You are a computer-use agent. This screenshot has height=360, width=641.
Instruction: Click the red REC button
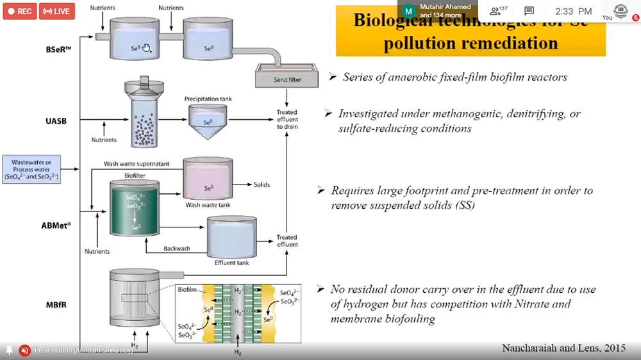pyautogui.click(x=19, y=12)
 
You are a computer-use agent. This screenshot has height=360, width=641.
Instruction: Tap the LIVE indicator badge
pyautogui.click(x=57, y=12)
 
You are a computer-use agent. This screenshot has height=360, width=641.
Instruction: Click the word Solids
pyautogui.click(x=261, y=185)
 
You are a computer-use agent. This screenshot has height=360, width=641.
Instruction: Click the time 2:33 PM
pyautogui.click(x=574, y=11)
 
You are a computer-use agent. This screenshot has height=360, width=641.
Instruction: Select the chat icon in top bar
pyautogui.click(x=529, y=11)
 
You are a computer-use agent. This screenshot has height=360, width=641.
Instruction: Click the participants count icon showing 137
pyautogui.click(x=497, y=11)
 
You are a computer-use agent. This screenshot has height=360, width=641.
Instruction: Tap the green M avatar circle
pyautogui.click(x=409, y=11)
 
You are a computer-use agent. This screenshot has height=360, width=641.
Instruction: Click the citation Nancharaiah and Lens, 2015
pyautogui.click(x=563, y=348)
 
